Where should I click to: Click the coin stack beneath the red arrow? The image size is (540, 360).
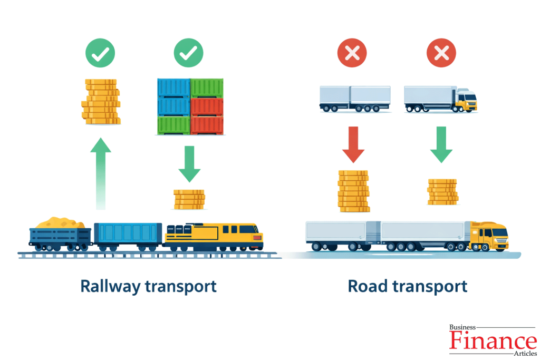tap(353, 191)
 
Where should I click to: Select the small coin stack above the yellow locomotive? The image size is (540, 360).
tap(189, 199)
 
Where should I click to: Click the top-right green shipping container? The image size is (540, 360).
tap(207, 87)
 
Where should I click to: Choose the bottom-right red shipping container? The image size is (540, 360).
tap(207, 125)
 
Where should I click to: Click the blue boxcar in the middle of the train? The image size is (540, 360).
tap(128, 234)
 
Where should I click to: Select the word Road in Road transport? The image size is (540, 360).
tap(370, 286)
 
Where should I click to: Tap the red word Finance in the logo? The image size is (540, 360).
tap(493, 340)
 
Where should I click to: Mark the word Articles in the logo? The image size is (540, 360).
tap(523, 353)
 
